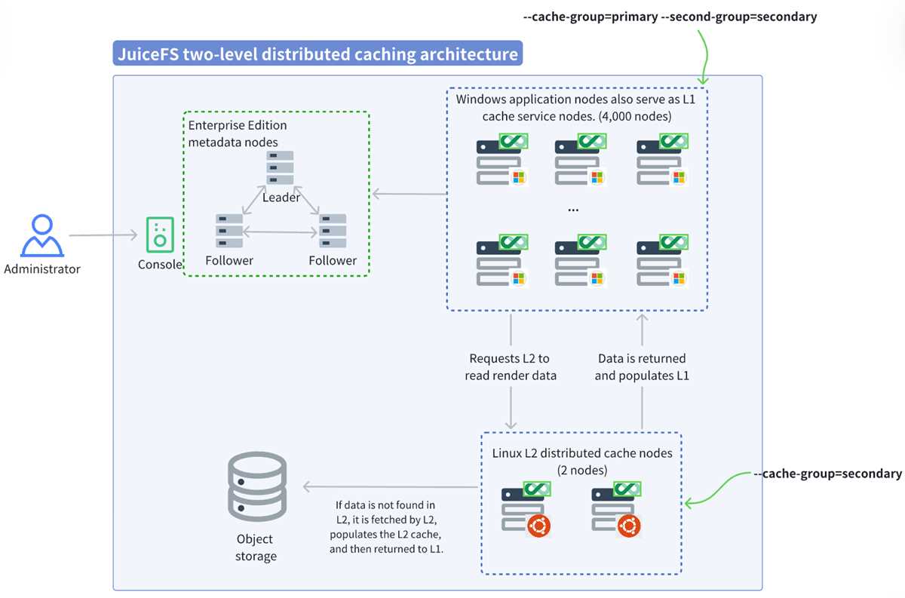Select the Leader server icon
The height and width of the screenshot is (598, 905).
tap(280, 167)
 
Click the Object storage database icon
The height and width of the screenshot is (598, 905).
tap(257, 486)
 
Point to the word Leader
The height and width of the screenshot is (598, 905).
tap(281, 197)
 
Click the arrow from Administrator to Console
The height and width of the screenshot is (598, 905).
tap(103, 235)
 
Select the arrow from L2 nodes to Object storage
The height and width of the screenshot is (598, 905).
tap(391, 486)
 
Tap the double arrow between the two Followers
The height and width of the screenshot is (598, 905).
tap(280, 232)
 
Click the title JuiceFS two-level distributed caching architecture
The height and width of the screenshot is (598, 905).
tap(318, 54)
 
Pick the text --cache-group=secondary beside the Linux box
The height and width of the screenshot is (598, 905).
tap(828, 473)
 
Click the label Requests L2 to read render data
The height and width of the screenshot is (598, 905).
tap(511, 367)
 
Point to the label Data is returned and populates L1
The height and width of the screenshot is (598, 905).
tap(642, 367)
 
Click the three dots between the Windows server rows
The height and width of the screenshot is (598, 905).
tap(573, 210)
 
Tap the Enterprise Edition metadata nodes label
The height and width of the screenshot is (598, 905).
tap(238, 133)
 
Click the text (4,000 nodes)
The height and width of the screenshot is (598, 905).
tap(635, 116)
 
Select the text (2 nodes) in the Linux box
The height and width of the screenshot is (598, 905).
tap(581, 471)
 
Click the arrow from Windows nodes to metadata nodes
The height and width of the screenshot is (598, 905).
tap(410, 194)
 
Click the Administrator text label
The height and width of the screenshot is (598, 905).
tap(42, 269)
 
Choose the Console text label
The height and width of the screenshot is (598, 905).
tap(160, 264)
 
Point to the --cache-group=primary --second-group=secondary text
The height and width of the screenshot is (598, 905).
tap(670, 17)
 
